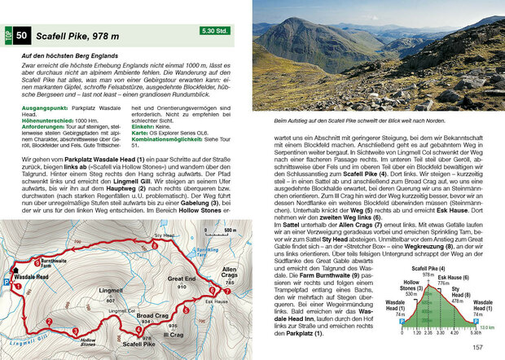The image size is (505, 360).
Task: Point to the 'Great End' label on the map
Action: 181,278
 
